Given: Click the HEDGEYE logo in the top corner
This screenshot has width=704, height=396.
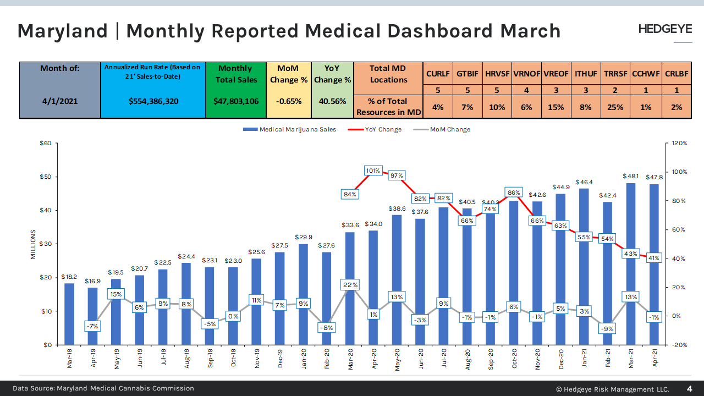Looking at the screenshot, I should tap(665, 29).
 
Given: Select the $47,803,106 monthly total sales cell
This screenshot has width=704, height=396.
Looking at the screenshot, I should tap(236, 101).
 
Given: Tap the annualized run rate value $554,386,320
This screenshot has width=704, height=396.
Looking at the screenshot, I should tap(153, 101).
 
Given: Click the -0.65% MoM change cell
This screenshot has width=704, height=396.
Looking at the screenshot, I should tap(288, 101).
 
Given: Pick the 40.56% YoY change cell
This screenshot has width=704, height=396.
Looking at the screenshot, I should tap(332, 101).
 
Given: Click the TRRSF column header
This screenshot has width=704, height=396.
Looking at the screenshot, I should tap(615, 74).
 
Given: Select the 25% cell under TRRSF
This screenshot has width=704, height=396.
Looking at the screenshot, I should tap(615, 107).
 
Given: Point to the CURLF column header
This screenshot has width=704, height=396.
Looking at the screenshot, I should tap(438, 74).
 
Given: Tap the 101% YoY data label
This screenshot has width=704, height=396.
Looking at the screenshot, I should tap(373, 170).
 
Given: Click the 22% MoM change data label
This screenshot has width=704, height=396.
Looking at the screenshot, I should tap(350, 285).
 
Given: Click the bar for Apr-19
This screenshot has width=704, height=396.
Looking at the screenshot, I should tap(92, 316).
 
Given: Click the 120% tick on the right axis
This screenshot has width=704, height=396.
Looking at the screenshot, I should tap(679, 143).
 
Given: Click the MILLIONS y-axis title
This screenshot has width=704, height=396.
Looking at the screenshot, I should tap(33, 245).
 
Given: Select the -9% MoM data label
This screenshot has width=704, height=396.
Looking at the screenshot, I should tap(607, 329).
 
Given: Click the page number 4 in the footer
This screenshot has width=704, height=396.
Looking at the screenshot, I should tap(690, 389).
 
